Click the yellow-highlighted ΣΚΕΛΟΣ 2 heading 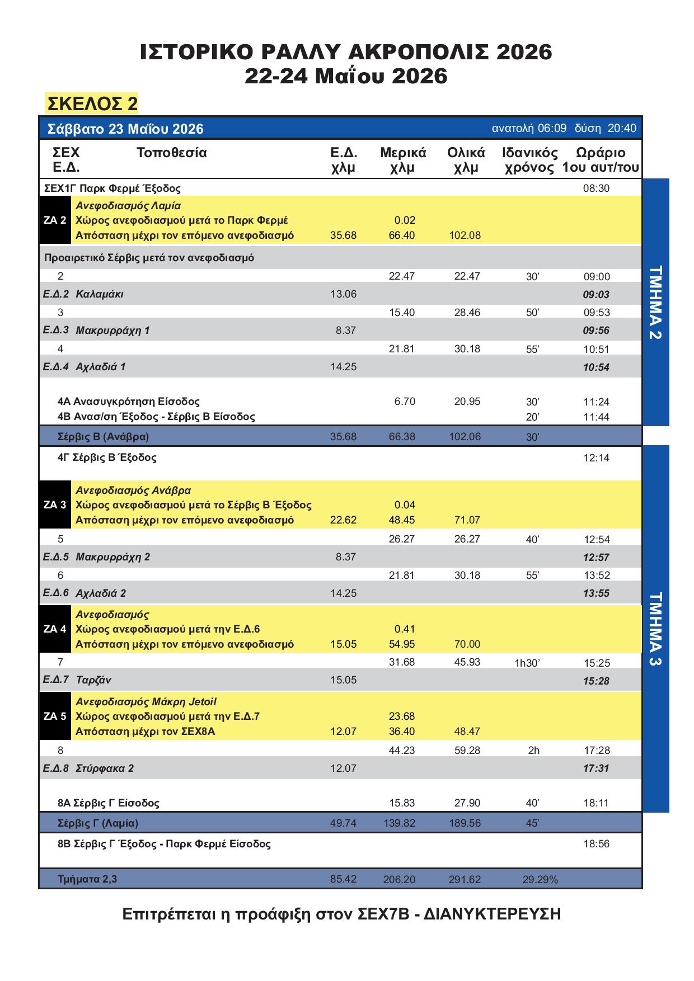point(92,103)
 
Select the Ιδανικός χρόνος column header point(529,160)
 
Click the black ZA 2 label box point(55,220)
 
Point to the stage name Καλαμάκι point(100,294)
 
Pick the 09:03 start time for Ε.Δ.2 point(596,295)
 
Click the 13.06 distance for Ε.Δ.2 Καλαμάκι point(344,294)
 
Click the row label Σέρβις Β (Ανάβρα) point(103,436)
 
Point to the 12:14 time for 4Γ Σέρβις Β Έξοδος point(596,458)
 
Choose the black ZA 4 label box point(55,629)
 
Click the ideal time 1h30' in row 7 point(527,663)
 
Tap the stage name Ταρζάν point(93,680)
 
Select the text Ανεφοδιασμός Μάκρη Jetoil point(146,701)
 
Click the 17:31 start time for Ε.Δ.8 point(596,768)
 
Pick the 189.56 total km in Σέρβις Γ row point(465,823)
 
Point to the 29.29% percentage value point(540,880)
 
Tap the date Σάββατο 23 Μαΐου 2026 point(125,129)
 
